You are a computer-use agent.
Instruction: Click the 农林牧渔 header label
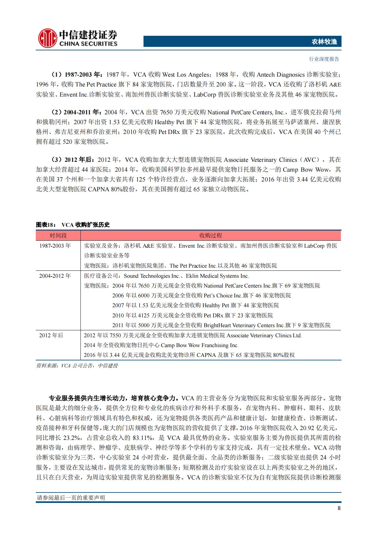point(324,41)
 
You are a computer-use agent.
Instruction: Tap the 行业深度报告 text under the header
point(324,59)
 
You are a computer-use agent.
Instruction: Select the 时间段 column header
point(58,236)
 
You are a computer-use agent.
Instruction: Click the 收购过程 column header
point(210,236)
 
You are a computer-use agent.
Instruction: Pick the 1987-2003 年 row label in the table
point(55,246)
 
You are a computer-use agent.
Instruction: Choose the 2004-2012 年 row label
point(55,276)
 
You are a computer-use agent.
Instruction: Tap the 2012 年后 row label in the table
point(51,335)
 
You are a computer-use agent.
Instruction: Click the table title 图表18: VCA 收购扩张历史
point(73,225)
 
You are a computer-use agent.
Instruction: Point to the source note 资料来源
point(77,365)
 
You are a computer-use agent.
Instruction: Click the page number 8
point(339,509)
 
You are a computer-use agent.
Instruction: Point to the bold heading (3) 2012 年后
point(73,160)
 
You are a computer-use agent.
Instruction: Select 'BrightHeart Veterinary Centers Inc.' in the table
point(244,325)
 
